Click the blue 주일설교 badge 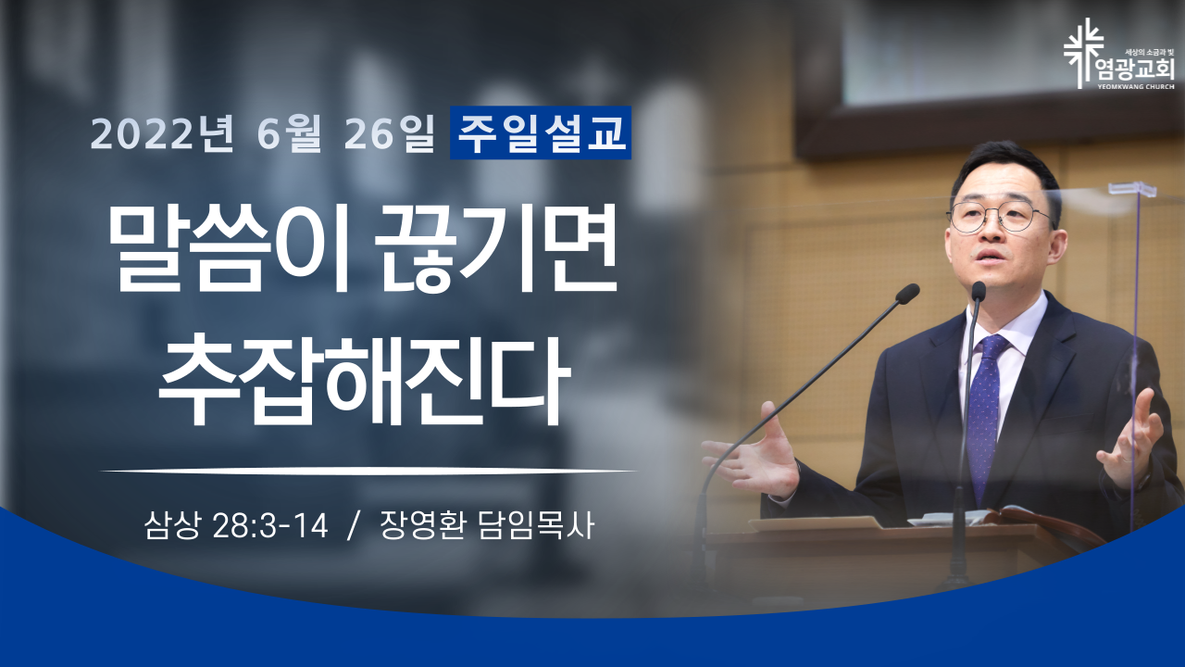(x=540, y=132)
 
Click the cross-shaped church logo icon (x=1083, y=53)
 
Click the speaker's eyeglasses (x=999, y=217)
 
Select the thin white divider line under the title (x=368, y=470)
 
